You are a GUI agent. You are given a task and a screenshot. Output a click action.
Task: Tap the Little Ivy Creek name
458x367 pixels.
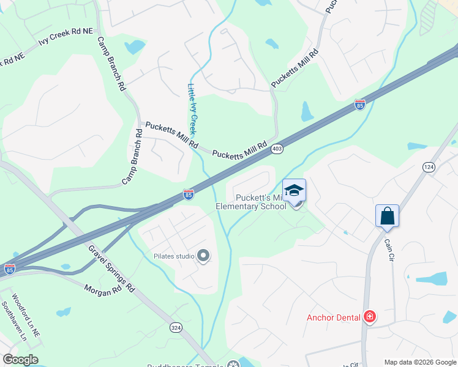[x=192, y=109]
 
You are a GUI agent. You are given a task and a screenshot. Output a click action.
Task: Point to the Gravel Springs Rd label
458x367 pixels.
[x=111, y=267]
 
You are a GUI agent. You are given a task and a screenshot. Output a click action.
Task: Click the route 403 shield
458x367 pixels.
[x=277, y=149]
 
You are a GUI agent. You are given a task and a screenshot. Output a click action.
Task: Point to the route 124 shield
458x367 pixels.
[x=428, y=166]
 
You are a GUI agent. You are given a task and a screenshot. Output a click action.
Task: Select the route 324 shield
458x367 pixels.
[x=176, y=328]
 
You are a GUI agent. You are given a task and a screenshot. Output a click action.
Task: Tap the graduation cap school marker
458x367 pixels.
[x=294, y=190]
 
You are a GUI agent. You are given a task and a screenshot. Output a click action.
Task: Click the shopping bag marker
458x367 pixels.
[x=387, y=216]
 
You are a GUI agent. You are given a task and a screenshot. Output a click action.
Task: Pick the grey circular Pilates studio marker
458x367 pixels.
[x=203, y=256]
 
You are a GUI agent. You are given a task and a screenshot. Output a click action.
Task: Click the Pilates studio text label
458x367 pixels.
[x=174, y=256]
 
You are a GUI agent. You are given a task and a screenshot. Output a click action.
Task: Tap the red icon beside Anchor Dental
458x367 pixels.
[x=369, y=316]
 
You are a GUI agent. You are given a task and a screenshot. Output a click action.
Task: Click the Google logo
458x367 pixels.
[x=20, y=360]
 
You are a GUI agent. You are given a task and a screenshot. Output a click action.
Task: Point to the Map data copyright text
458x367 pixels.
[x=419, y=362]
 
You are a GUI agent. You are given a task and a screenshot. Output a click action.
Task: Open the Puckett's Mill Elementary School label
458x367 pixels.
[x=251, y=202]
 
